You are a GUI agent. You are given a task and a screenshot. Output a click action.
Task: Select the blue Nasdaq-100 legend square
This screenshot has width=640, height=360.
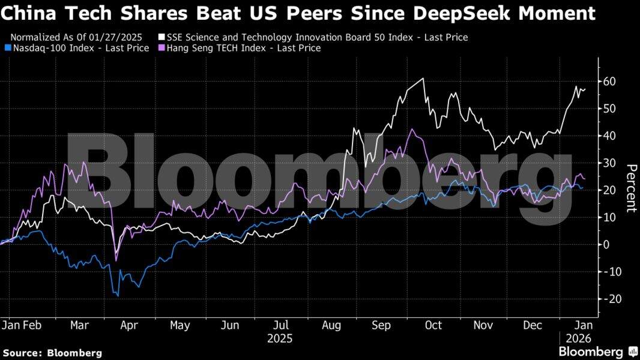click(6, 48)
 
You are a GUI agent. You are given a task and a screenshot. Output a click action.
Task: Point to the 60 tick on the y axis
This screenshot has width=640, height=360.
click(611, 81)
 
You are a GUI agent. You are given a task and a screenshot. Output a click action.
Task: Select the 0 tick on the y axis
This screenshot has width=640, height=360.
click(607, 244)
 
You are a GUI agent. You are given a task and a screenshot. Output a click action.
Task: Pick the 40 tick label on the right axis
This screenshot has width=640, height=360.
click(611, 136)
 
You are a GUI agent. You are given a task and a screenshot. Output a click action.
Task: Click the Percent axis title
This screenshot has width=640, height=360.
click(630, 188)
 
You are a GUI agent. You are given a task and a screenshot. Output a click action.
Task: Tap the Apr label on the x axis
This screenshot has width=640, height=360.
click(129, 325)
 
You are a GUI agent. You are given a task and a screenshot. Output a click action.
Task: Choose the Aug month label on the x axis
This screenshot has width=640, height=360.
click(331, 325)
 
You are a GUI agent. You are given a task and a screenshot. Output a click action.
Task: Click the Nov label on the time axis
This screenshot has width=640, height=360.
click(483, 325)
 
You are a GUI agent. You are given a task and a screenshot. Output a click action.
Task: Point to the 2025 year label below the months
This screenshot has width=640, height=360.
click(280, 338)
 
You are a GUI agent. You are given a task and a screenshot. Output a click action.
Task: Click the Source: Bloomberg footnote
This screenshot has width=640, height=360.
click(52, 353)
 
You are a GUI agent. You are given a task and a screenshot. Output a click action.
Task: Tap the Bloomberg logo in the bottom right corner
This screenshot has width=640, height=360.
click(598, 352)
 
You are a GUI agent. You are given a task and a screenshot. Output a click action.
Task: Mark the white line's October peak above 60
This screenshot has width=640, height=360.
click(424, 79)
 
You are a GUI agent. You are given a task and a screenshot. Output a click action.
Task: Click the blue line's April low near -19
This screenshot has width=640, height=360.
click(118, 296)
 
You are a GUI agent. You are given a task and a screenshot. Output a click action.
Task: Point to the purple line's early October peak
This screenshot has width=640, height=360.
click(411, 129)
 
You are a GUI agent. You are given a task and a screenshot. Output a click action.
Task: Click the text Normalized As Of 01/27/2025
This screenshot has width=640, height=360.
click(76, 37)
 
